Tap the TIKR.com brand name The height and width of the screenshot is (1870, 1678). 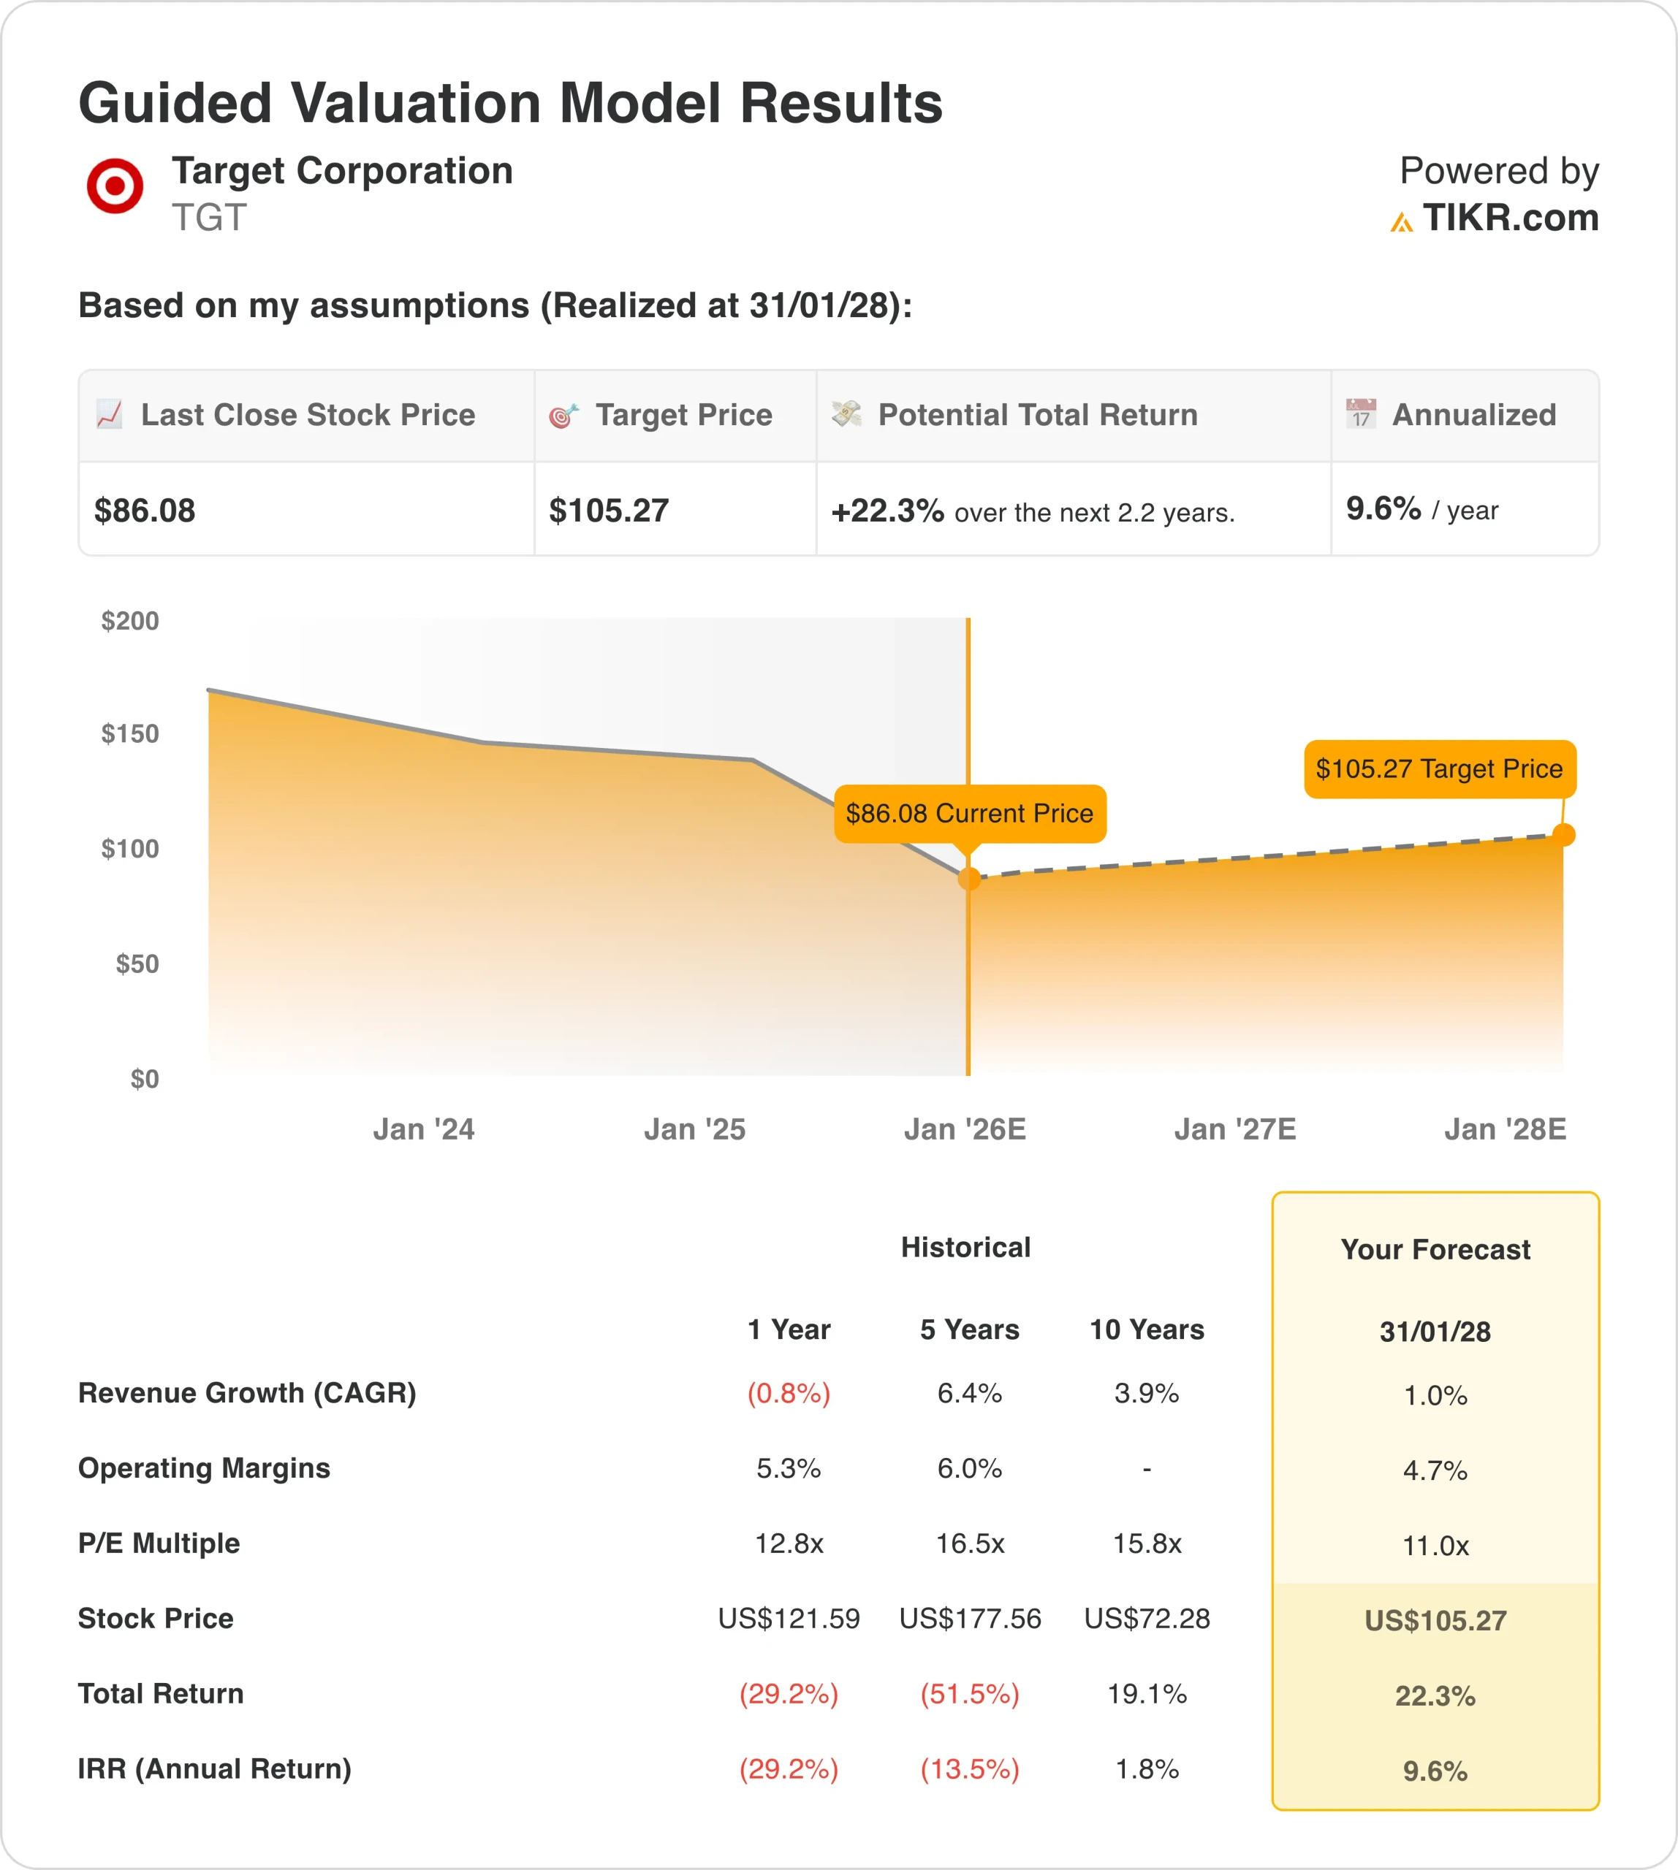point(1509,218)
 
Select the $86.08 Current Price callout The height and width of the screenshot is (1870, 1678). point(969,814)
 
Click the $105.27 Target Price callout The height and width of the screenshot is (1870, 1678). point(1438,768)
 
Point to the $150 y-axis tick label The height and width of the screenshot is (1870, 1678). point(130,733)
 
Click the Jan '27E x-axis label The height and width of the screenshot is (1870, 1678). point(1234,1129)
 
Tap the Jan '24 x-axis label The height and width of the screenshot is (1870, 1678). point(423,1129)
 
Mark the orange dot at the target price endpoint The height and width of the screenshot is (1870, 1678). point(1563,835)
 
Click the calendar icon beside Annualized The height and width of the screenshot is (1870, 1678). point(1361,414)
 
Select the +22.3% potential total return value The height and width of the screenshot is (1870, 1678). point(887,511)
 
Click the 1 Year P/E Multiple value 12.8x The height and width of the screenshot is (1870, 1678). point(789,1543)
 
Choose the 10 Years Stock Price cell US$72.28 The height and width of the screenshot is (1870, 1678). point(1147,1619)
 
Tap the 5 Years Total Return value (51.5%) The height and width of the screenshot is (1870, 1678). point(969,1693)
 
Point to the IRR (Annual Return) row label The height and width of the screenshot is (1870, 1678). point(215,1768)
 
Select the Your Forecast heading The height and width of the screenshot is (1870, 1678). point(1435,1250)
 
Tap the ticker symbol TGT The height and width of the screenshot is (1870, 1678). point(209,218)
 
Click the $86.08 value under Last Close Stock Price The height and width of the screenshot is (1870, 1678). point(145,511)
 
